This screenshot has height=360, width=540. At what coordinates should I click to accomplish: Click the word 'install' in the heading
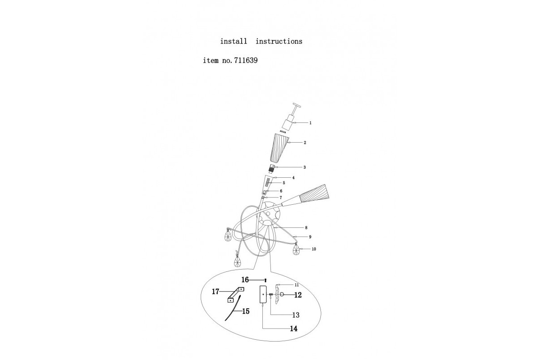[x=234, y=41]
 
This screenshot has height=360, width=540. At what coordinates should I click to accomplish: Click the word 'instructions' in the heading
[x=279, y=41]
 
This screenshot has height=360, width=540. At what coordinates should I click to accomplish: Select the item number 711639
[x=246, y=60]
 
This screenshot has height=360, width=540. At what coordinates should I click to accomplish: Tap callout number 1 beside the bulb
[x=310, y=122]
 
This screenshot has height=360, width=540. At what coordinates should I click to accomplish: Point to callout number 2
[x=305, y=143]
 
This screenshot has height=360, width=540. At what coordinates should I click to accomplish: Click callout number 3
[x=305, y=167]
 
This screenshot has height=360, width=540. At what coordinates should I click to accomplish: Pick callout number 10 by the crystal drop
[x=314, y=249]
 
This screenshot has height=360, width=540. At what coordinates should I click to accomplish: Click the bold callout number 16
[x=245, y=279]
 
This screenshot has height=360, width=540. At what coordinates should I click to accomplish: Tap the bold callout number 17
[x=216, y=292]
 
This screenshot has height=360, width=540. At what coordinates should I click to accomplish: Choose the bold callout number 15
[x=246, y=311]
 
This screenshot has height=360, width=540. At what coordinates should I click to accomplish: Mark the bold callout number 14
[x=293, y=328]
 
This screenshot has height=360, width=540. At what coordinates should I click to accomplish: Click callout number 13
[x=295, y=315]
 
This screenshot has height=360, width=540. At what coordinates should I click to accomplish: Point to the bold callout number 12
[x=297, y=295]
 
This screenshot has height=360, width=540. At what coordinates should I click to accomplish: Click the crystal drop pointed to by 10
[x=297, y=250]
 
